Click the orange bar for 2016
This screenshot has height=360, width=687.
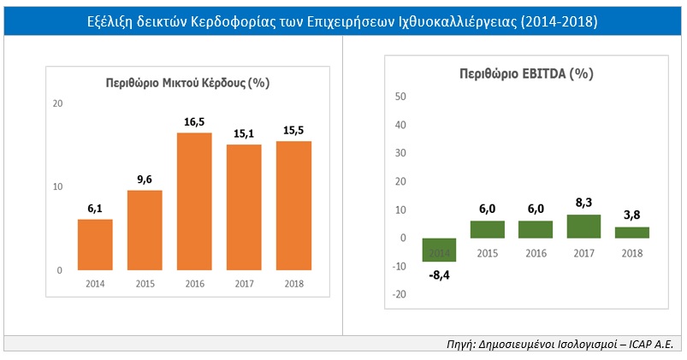pyautogui.click(x=195, y=202)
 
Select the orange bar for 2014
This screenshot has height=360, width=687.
pyautogui.click(x=95, y=245)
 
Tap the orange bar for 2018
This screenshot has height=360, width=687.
pyautogui.click(x=294, y=205)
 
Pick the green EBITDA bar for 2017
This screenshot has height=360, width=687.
pyautogui.click(x=584, y=227)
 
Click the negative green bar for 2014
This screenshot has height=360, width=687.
pyautogui.click(x=440, y=250)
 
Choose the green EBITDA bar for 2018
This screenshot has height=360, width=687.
pyautogui.click(x=632, y=233)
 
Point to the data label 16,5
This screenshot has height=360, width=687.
pyautogui.click(x=195, y=122)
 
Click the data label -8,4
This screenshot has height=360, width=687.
pyautogui.click(x=440, y=275)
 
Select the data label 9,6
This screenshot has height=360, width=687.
pyautogui.click(x=145, y=180)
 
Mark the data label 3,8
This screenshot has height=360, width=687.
pyautogui.click(x=632, y=216)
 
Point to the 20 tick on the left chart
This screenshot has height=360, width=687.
pyautogui.click(x=58, y=103)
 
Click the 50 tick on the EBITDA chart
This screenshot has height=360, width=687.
pyautogui.click(x=400, y=96)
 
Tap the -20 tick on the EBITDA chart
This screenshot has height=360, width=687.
pyautogui.click(x=399, y=294)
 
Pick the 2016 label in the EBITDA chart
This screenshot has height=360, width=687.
pyautogui.click(x=536, y=254)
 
